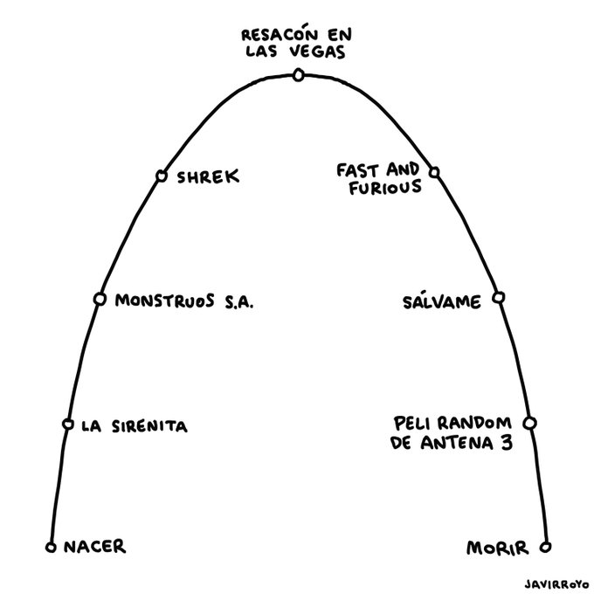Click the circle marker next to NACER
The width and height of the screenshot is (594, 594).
(51, 549)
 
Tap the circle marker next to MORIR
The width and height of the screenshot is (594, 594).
(545, 549)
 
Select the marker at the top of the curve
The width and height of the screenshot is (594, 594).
(299, 76)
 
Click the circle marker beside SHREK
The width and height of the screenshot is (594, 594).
(161, 176)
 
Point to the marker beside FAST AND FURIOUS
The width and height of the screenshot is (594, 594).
(435, 173)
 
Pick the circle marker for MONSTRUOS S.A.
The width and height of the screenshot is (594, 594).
(100, 300)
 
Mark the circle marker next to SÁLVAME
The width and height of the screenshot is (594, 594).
(498, 298)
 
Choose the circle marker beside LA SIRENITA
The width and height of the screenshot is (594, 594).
(67, 425)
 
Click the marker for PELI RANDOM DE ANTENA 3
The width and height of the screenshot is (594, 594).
(529, 424)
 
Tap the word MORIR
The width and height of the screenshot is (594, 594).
(497, 549)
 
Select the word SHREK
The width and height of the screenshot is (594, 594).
(208, 177)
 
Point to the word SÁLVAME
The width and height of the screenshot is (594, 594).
(441, 301)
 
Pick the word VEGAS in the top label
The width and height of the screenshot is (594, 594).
(322, 51)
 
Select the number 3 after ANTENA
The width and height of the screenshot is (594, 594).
(506, 442)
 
